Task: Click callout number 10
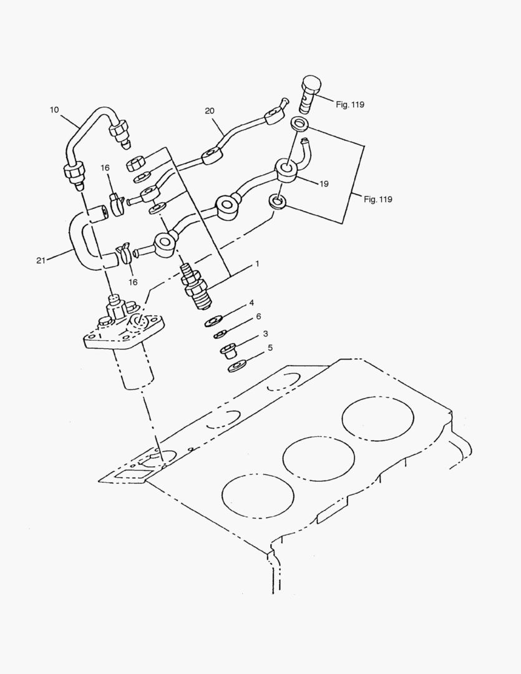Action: click(54, 110)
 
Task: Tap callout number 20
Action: click(209, 110)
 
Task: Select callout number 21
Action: click(41, 260)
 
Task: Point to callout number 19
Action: click(324, 185)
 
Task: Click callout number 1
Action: click(256, 264)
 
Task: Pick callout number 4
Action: click(251, 303)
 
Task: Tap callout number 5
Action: click(270, 348)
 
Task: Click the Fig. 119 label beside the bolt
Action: click(349, 105)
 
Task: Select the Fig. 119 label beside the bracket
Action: click(378, 200)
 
